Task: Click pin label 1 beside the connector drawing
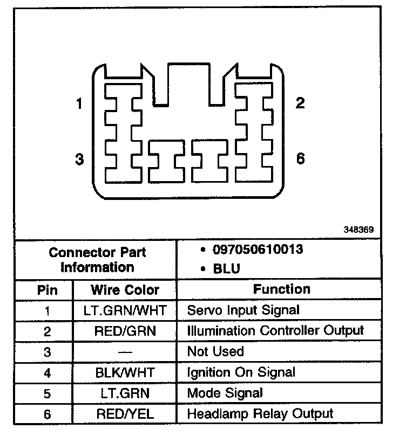(79, 103)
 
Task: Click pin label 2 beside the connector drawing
(300, 103)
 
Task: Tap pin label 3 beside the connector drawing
(79, 160)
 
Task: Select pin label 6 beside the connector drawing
(300, 158)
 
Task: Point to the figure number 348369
(358, 229)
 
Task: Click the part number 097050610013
(258, 250)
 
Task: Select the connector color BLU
(226, 268)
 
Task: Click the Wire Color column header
(125, 290)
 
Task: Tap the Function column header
(281, 289)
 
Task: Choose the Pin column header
(47, 290)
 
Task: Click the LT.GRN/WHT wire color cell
(125, 310)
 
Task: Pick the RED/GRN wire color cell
(125, 331)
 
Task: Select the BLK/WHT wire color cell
(125, 372)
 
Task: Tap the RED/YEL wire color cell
(125, 414)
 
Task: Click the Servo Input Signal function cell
(242, 310)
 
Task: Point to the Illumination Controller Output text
(275, 330)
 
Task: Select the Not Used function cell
(215, 351)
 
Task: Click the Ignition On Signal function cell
(241, 372)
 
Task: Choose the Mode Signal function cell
(225, 393)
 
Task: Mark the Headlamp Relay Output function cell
(260, 414)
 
